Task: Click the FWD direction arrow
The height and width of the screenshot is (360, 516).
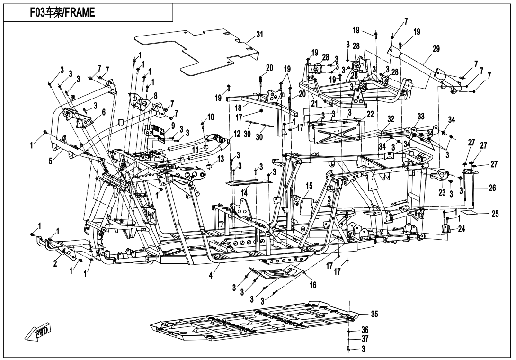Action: (37, 331)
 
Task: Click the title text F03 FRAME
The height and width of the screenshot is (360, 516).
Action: (62, 12)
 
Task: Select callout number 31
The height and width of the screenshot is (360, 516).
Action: (260, 34)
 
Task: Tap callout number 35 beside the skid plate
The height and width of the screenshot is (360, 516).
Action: (374, 314)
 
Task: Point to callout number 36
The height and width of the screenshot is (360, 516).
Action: (365, 330)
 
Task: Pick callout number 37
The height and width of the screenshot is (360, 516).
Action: (365, 339)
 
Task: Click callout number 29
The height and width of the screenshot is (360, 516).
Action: (436, 49)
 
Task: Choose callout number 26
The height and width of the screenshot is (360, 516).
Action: (492, 188)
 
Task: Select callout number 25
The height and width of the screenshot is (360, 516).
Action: (495, 214)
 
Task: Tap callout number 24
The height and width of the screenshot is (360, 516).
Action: (462, 229)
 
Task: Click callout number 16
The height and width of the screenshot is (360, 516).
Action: (313, 285)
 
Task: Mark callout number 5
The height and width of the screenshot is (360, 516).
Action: (50, 162)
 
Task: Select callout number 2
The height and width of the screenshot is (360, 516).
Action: (55, 263)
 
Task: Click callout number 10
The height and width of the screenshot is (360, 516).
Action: (211, 117)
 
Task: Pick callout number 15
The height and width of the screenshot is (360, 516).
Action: (309, 186)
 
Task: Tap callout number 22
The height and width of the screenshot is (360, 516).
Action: (370, 114)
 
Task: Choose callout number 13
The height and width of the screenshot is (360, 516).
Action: (220, 159)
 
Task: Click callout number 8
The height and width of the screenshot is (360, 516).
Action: (155, 96)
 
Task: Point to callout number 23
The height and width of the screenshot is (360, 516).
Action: (442, 193)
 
